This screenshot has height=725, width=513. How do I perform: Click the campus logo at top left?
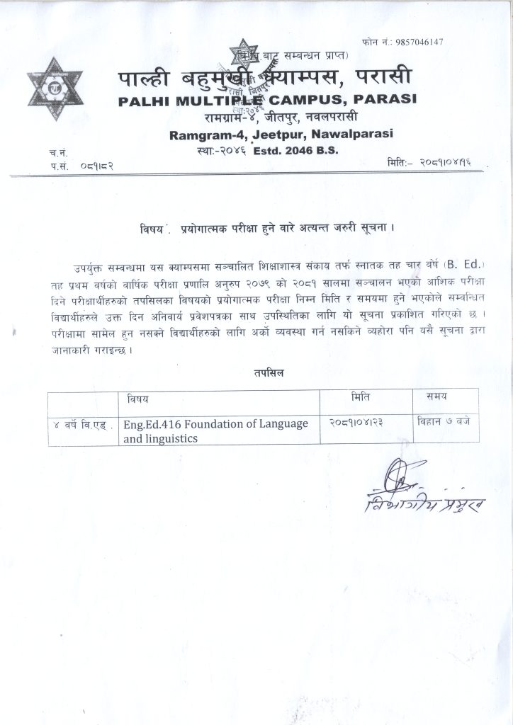click(54, 87)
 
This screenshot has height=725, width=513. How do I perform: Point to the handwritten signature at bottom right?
click(422, 496)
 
